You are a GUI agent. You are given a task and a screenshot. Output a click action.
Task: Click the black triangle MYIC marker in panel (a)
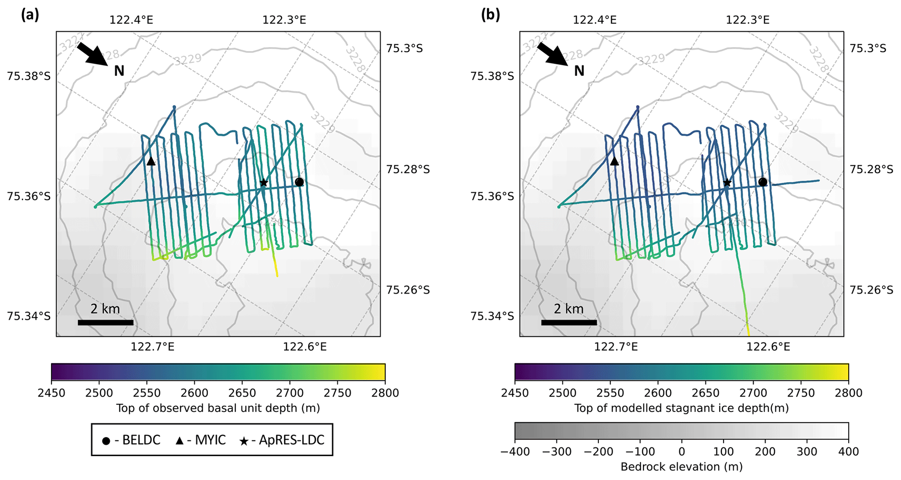coord(151,161)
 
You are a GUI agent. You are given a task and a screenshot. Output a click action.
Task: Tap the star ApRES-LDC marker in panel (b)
coord(727,183)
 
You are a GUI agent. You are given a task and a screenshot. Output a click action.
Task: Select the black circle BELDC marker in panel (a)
coord(299,182)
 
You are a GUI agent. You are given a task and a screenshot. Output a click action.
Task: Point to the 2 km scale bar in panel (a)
coord(105,323)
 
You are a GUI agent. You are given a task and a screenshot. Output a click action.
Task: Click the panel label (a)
coord(30,15)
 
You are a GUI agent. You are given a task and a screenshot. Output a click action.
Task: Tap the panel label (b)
coord(490,15)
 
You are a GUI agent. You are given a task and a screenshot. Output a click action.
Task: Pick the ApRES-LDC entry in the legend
coord(282,440)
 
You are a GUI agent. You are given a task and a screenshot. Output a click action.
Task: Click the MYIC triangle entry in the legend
coord(200,440)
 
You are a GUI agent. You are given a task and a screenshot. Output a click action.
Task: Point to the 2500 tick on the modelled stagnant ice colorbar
coord(562,393)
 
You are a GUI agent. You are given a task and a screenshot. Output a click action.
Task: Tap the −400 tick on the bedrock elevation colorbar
coord(515,452)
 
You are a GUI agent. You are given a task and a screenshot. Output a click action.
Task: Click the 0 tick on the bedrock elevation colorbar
coord(682,452)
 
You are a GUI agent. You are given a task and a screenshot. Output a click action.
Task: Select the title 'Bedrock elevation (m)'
coord(681,467)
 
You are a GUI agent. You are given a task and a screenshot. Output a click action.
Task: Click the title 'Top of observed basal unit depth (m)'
coord(218,408)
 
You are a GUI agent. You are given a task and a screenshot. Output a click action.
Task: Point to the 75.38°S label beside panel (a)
coord(29,76)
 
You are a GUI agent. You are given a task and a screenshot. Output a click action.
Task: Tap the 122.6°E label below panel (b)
coord(768,347)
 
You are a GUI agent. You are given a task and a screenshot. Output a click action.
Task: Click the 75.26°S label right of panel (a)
coord(408,290)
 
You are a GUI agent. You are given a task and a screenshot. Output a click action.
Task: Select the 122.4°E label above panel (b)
coord(595,20)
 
